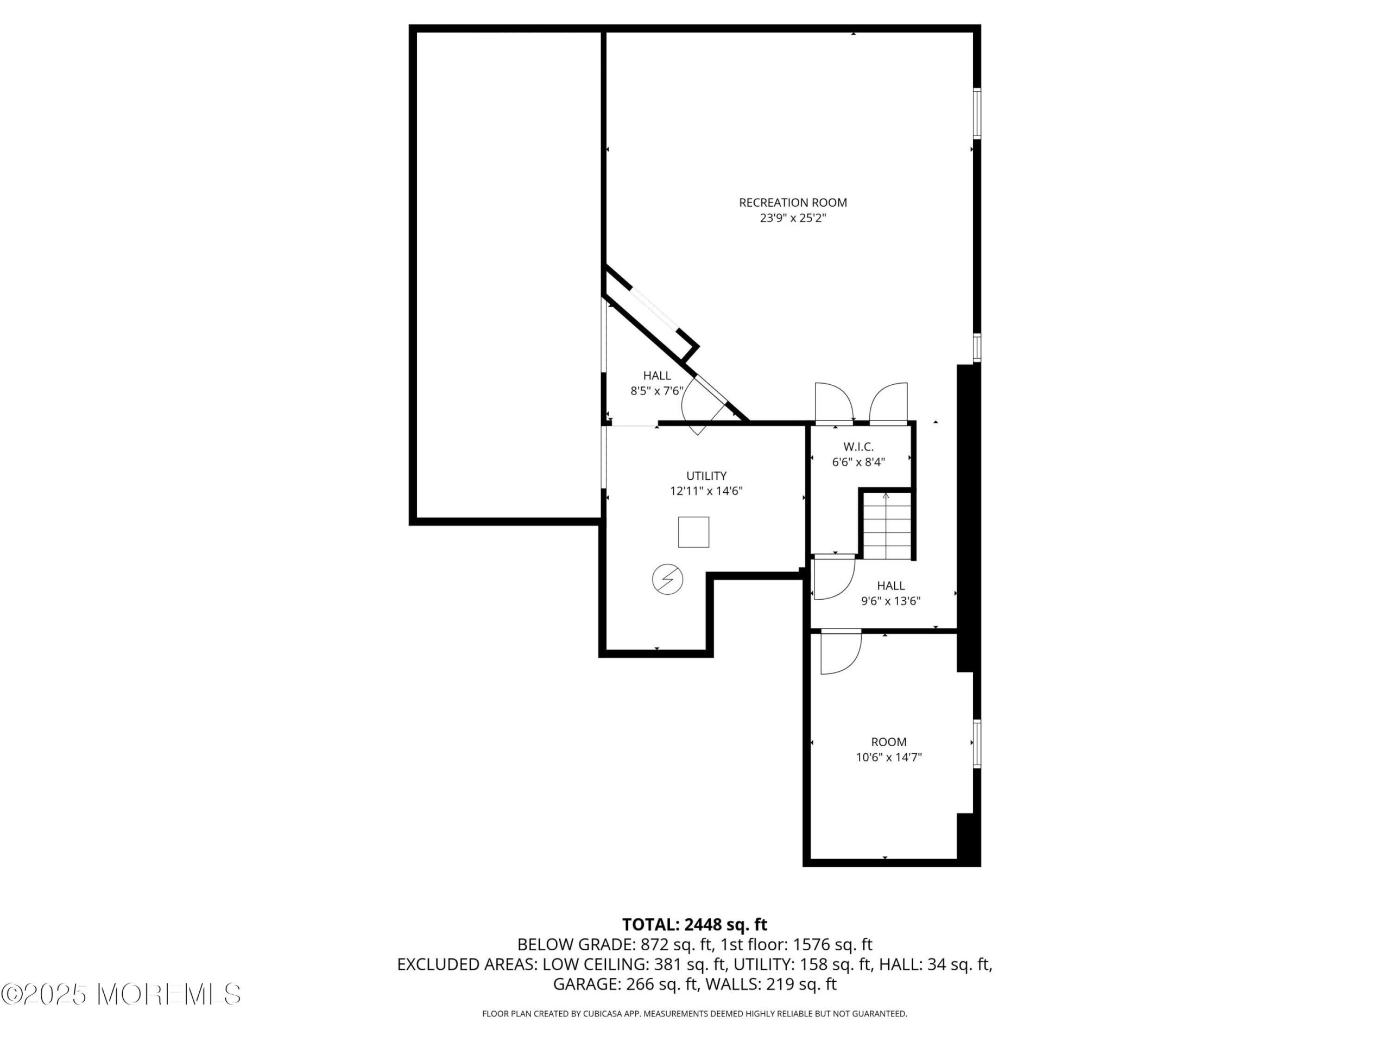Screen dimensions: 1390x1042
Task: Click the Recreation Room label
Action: point(792,202)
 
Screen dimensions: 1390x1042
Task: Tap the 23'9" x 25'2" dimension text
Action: point(792,218)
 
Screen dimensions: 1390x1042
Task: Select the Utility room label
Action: point(706,475)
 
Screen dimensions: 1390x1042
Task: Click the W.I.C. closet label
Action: point(858,447)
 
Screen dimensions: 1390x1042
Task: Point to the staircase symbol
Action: point(886,526)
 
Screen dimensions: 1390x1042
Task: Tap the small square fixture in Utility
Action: point(693,532)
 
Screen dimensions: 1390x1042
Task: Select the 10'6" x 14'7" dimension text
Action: point(888,757)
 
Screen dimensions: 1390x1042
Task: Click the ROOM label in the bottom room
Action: point(888,742)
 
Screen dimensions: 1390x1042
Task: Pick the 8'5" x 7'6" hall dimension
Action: point(656,391)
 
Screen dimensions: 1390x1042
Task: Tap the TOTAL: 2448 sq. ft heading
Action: point(694,925)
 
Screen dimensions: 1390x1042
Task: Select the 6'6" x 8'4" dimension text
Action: point(858,462)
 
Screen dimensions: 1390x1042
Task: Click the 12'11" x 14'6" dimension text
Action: point(706,491)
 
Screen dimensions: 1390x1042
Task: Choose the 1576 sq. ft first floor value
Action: point(832,945)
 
